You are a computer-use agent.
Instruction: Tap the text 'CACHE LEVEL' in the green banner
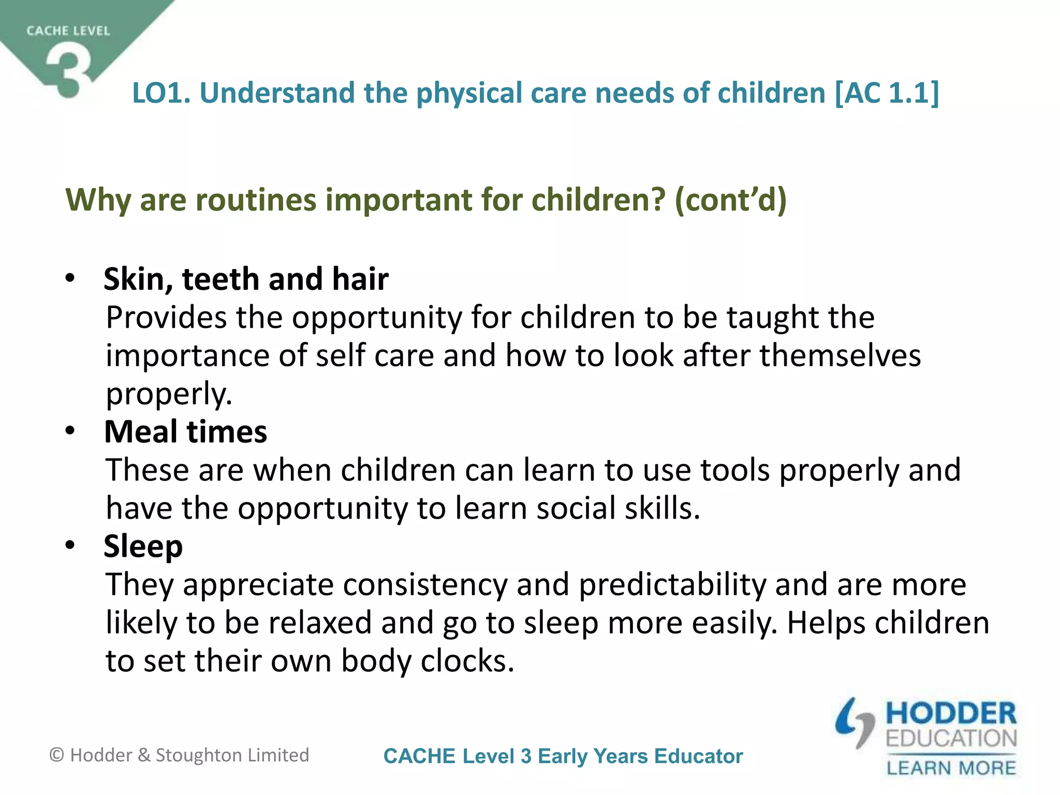[x=68, y=31]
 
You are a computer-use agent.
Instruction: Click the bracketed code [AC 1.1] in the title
[x=887, y=93]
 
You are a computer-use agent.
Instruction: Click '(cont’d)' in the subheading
[x=730, y=200]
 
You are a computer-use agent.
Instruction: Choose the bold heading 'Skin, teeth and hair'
[x=246, y=279]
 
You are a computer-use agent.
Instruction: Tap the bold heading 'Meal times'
[x=185, y=432]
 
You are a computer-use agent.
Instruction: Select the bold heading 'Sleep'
[x=143, y=547]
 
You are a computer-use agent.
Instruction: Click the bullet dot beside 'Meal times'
[x=70, y=431]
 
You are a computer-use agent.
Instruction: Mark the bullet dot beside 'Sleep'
[x=70, y=546]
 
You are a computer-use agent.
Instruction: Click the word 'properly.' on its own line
[x=169, y=394]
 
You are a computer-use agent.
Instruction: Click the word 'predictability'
[x=672, y=585]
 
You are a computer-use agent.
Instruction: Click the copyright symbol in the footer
[x=56, y=755]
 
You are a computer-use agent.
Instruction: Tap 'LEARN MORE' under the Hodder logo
[x=951, y=768]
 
